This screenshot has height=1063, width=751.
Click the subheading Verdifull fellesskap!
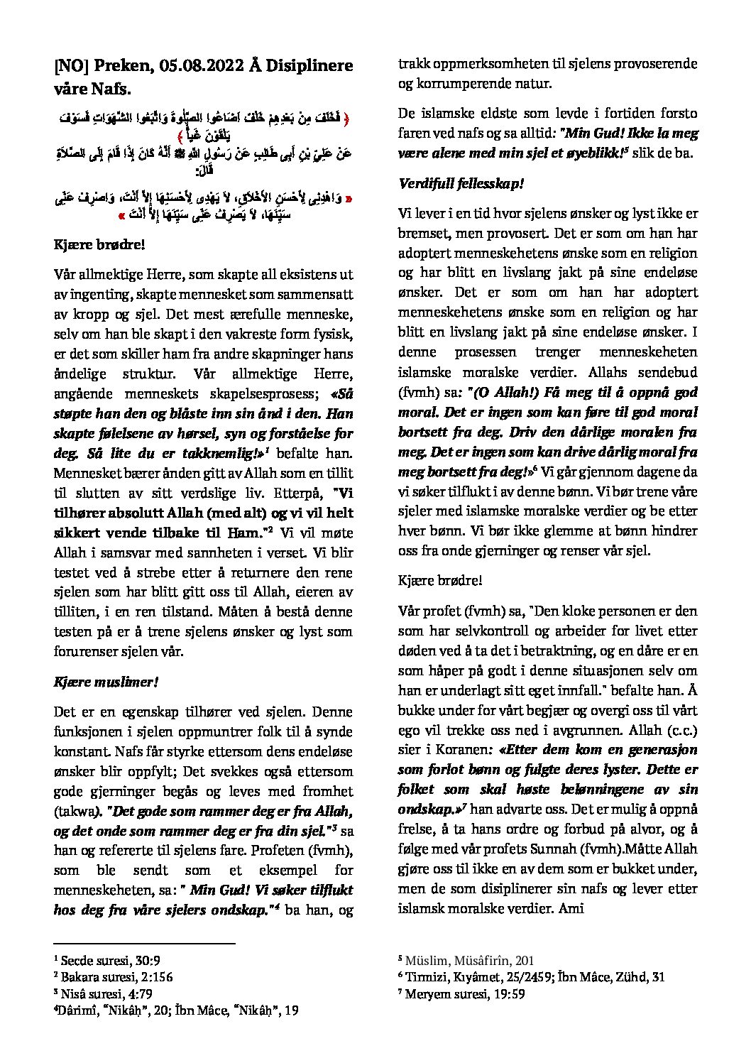click(461, 183)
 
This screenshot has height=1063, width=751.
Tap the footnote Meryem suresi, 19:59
click(464, 993)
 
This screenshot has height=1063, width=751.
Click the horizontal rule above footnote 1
click(144, 944)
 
